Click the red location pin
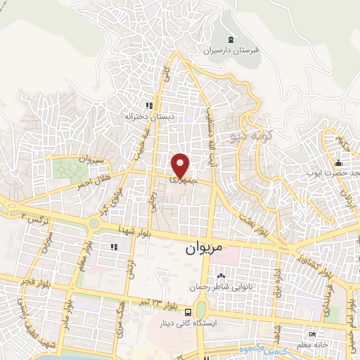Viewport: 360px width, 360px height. pos(181,165)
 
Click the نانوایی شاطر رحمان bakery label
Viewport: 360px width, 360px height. pos(217,287)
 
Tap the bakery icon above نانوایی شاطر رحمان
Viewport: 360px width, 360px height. pos(221,275)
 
